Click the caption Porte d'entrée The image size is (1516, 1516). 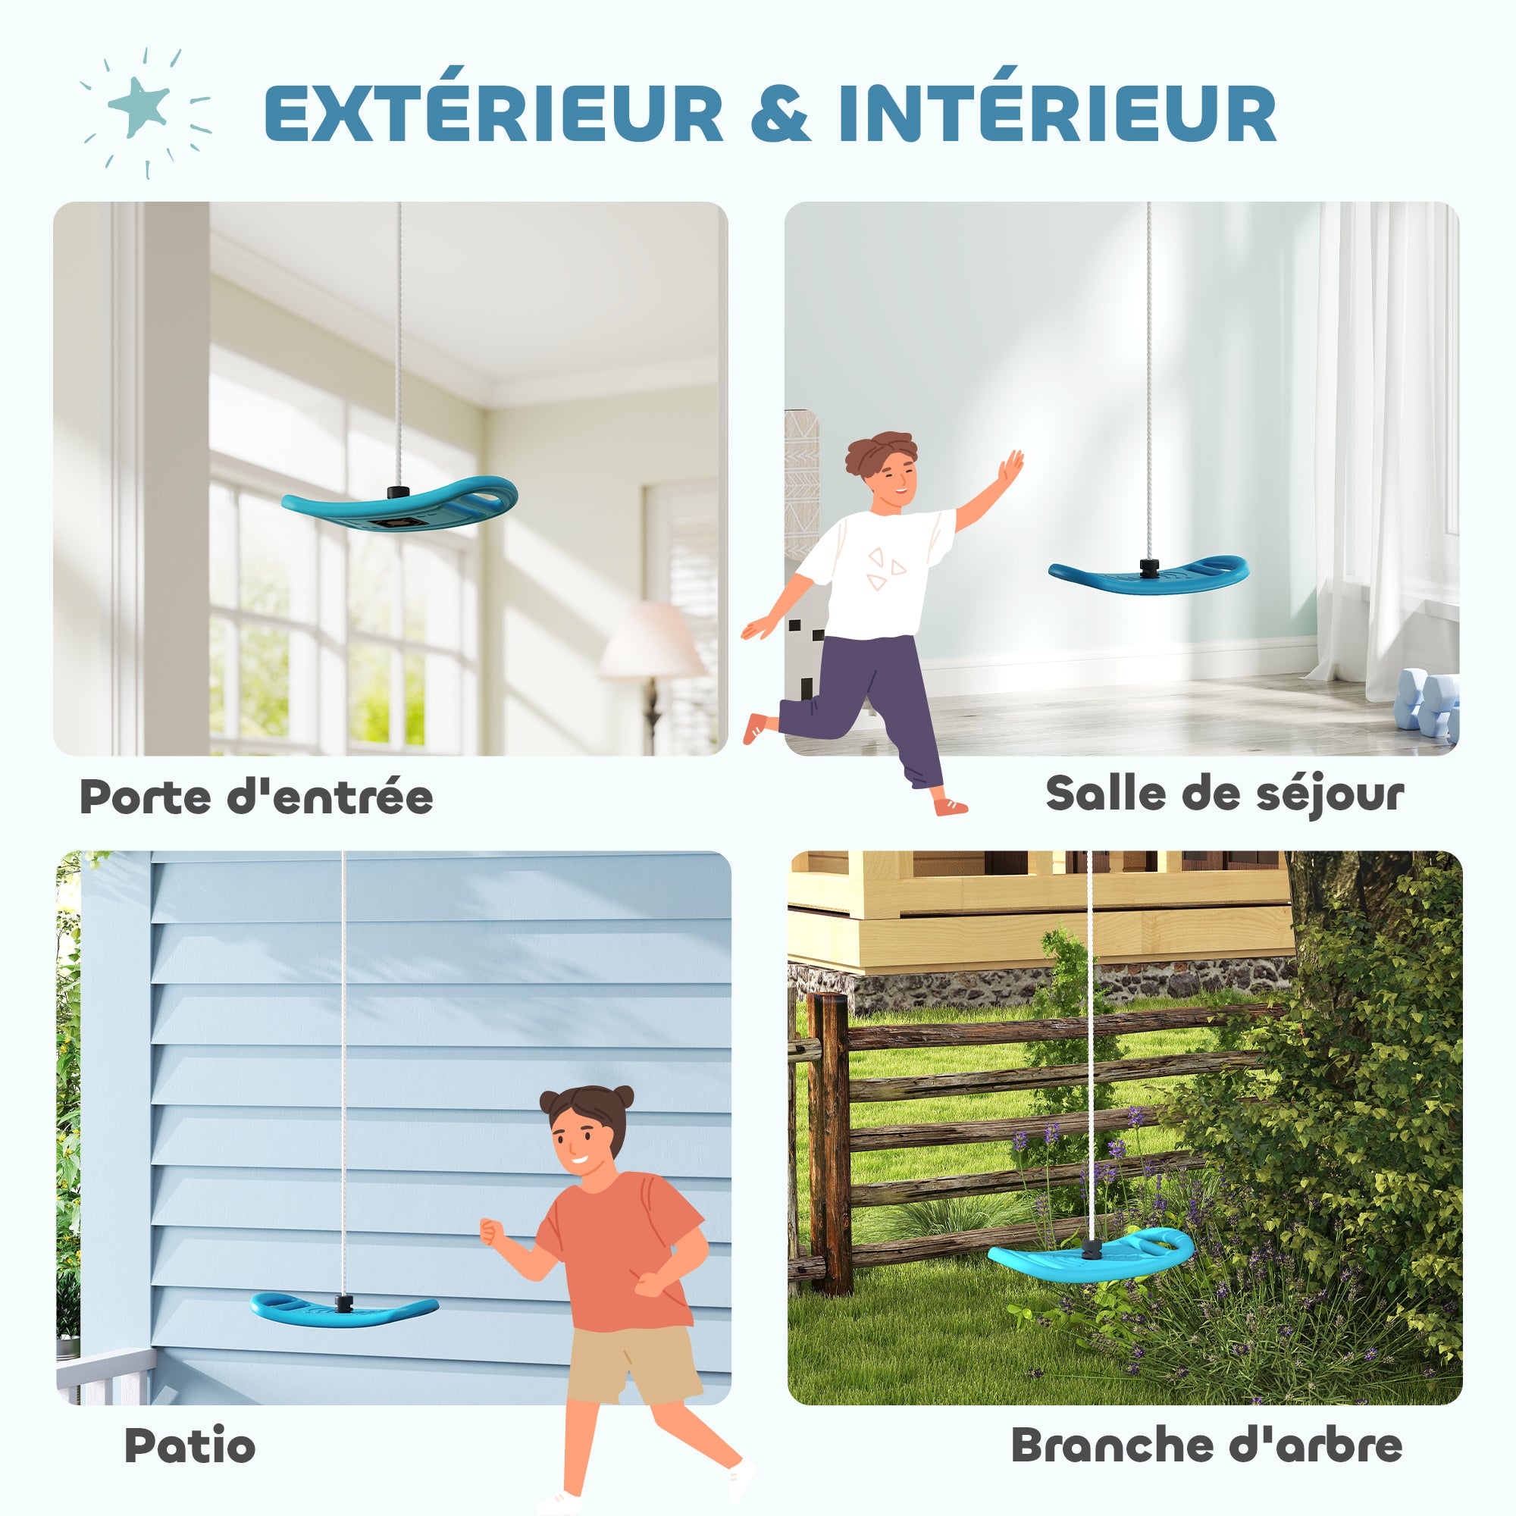255,797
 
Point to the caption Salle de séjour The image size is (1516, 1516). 1224,794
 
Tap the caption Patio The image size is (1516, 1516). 190,1445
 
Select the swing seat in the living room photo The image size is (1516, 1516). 1149,572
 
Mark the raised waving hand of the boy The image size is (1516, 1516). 1010,468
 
